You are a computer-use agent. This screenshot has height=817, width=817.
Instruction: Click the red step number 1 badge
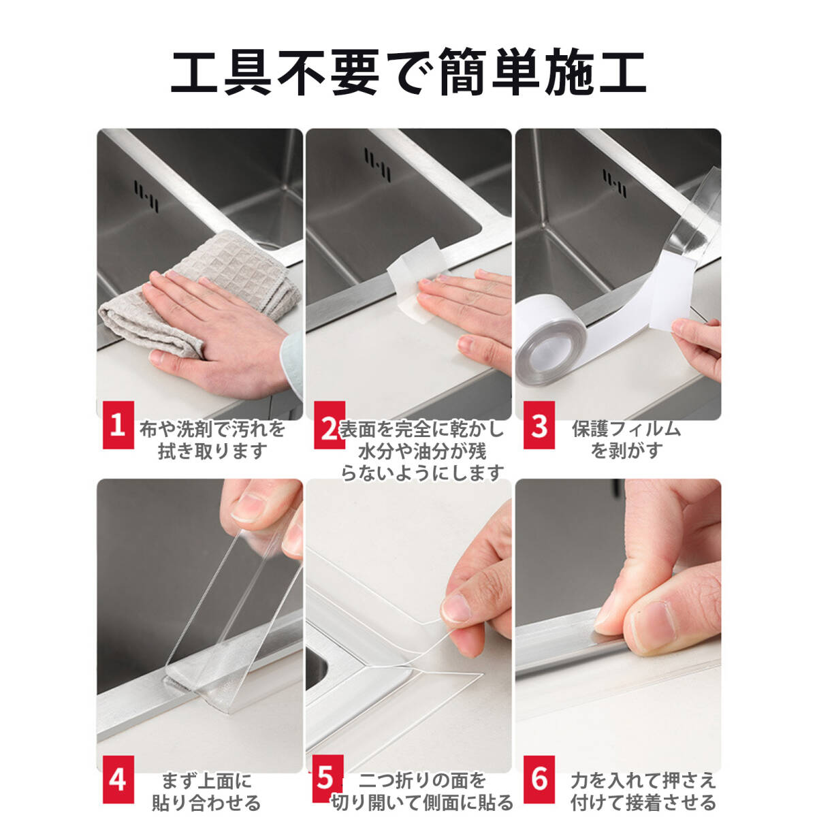(118, 425)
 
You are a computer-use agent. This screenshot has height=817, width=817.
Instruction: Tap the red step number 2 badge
(330, 425)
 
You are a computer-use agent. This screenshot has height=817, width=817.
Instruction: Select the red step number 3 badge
(539, 425)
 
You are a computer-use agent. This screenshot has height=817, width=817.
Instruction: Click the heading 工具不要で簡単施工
(408, 72)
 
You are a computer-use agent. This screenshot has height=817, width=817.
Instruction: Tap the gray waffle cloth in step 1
(199, 293)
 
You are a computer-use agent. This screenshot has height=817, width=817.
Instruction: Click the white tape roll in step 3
(551, 339)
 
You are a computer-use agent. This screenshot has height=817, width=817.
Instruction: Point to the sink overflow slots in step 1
(146, 196)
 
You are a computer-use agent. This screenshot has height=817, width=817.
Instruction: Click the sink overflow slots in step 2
(377, 165)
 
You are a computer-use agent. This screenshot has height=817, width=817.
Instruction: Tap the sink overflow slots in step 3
(615, 183)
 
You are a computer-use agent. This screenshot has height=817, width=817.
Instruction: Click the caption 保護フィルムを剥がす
(626, 440)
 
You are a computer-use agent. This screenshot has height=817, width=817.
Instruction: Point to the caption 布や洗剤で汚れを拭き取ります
(212, 440)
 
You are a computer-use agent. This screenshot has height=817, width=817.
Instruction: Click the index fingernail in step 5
(455, 609)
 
